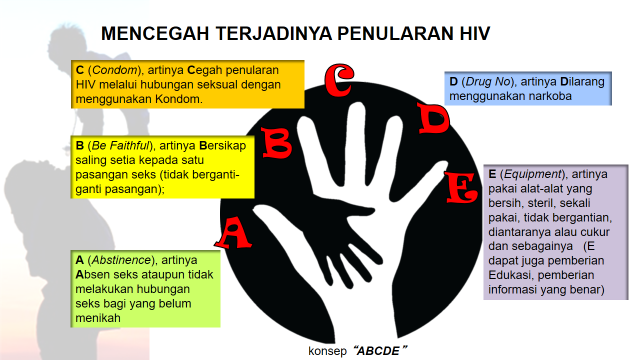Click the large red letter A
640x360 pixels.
click(234, 233)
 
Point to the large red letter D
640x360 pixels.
click(433, 119)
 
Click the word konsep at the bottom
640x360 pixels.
click(328, 352)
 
